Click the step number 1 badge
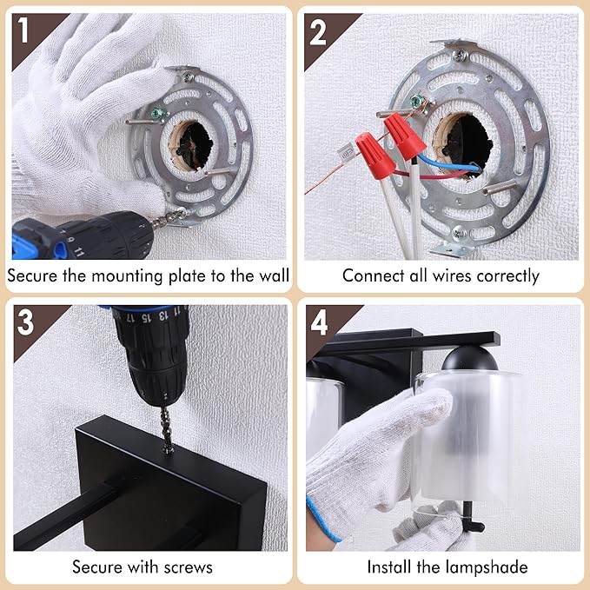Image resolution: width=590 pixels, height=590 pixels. coord(23,30)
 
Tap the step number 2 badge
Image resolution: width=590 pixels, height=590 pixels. coord(318,33)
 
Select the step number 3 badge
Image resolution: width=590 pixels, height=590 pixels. coord(25,322)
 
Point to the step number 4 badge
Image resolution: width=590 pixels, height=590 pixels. coord(319,322)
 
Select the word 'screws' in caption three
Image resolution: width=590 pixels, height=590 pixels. coord(189,567)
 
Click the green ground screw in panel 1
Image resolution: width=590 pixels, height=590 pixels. coord(157,113)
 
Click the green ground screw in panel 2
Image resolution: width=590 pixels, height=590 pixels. coord(417,101)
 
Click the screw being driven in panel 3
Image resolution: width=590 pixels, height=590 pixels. coord(167,431)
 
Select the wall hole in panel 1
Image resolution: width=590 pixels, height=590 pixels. coord(194,146)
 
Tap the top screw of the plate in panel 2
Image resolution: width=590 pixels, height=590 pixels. coord(460,56)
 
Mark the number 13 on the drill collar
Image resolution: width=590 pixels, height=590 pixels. coord(162,315)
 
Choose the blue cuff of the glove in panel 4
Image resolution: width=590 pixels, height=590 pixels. coord(323,520)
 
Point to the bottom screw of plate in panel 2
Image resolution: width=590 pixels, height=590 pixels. coord(459,233)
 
